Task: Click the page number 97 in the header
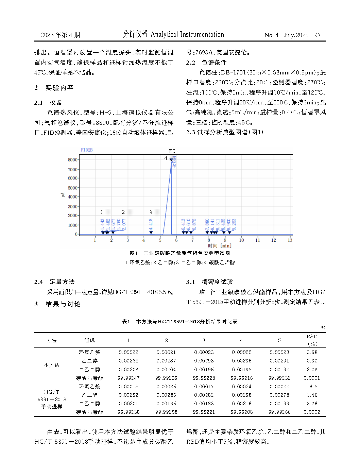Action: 318,35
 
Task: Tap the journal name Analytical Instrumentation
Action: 187,34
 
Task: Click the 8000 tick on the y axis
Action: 72,160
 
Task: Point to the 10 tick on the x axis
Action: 241,240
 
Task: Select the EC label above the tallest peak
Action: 172,151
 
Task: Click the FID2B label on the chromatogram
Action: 87,150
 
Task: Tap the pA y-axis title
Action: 63,195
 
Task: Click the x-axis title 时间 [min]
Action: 220,246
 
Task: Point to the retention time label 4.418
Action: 151,224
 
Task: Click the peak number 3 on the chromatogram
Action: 151,212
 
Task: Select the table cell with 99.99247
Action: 128,378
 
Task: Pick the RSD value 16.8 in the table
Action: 312,387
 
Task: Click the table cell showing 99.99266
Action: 279,412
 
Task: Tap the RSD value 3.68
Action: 312,352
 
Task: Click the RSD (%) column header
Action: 312,340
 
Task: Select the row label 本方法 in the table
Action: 52,365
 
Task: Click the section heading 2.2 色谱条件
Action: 206,63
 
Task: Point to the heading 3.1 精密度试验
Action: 209,282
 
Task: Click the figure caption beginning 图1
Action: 180,253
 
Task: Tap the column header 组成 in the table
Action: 89,340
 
